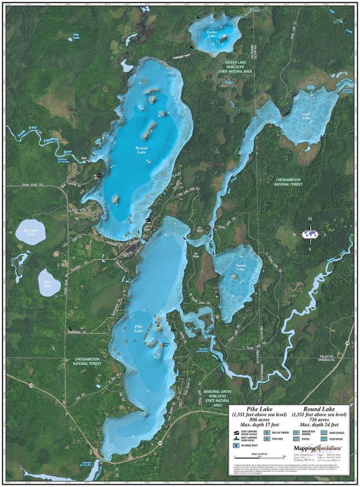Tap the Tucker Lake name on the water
click(x=212, y=34)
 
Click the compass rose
click(x=310, y=234)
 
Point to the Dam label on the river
click(x=84, y=158)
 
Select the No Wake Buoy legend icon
click(x=237, y=446)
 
